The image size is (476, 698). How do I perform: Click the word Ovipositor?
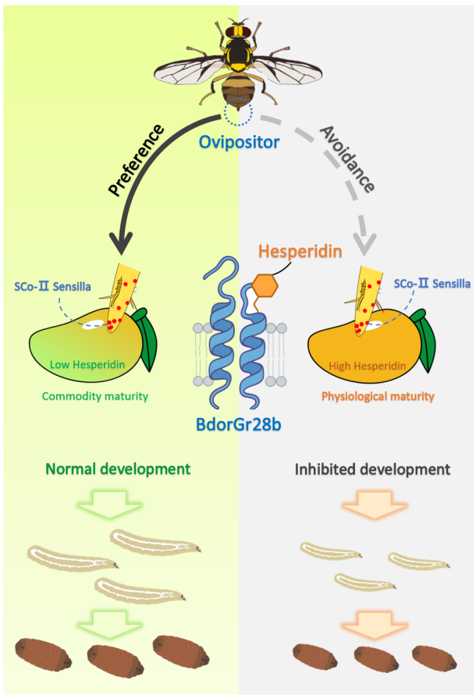coord(238,143)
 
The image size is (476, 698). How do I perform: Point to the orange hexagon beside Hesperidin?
coord(265,288)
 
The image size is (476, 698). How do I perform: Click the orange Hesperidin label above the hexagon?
coord(290,253)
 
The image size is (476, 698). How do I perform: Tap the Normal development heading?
coord(117,469)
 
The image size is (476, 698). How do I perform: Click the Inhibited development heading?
coord(372,470)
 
